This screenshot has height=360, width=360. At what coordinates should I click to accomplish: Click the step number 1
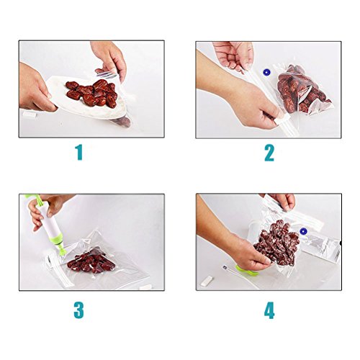pos(79,153)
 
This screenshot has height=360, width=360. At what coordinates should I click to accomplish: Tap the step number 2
pos(269,153)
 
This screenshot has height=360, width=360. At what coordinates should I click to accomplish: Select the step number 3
pos(78,310)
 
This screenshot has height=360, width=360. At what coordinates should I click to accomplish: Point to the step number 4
pos(269,310)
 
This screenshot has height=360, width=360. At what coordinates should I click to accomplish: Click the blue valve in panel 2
pos(266,72)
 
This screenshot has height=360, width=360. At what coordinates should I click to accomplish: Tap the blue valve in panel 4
pos(303,232)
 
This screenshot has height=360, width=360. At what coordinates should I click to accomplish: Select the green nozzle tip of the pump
pos(63,251)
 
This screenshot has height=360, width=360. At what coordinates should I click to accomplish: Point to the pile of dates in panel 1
pos(92,93)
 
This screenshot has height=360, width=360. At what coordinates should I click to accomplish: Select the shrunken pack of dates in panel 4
pos(277,243)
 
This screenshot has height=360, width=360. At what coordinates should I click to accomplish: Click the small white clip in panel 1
pos(30,114)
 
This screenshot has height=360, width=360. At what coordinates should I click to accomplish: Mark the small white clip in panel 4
pos(207,281)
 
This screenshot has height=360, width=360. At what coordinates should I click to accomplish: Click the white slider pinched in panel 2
pos(283,118)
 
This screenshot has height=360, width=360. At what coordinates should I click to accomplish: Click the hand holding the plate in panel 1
pos(36,89)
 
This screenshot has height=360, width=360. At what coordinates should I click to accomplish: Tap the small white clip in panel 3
pos(145,287)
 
